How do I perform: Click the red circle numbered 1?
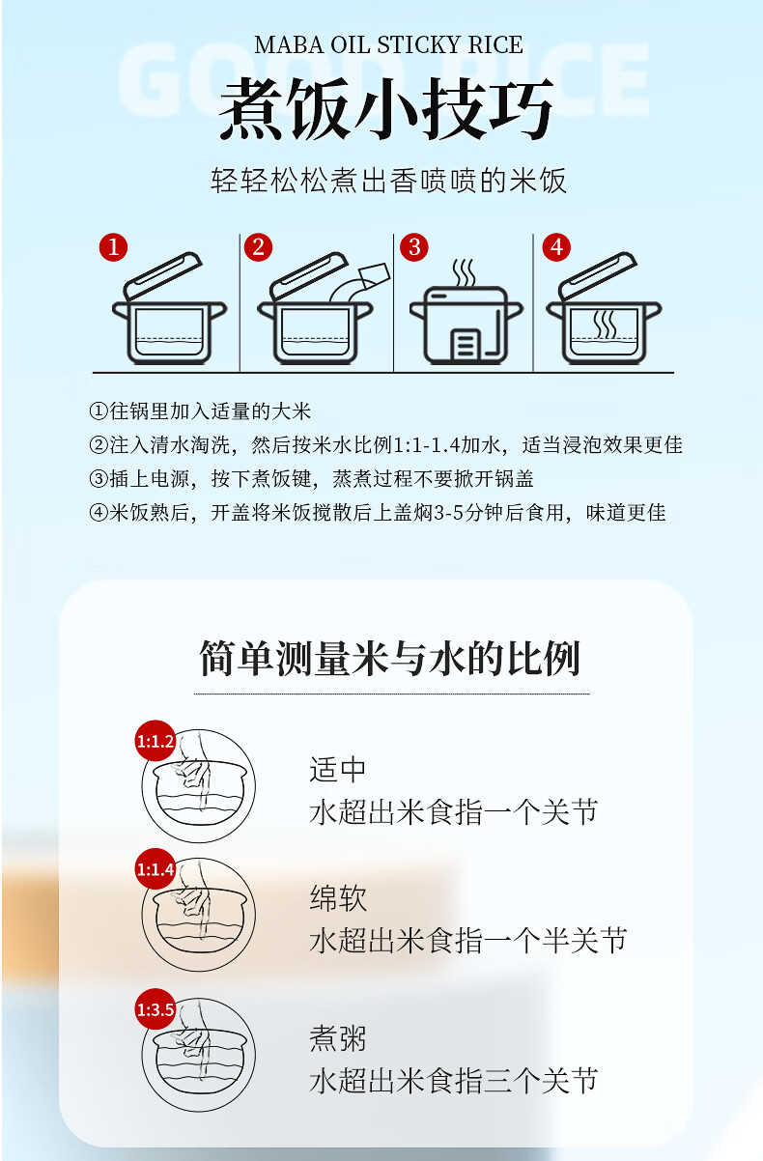(113, 247)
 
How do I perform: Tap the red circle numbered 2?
(257, 247)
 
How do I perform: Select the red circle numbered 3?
(413, 247)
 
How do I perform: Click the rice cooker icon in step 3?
(466, 316)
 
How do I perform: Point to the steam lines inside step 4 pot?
(605, 325)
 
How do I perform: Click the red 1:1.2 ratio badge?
(155, 742)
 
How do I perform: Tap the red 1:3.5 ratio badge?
(155, 1010)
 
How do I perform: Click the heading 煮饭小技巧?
(386, 109)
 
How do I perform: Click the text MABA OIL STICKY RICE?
(388, 45)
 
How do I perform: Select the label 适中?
(338, 770)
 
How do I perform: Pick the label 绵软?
(338, 898)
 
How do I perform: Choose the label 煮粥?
(338, 1038)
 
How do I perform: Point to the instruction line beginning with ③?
(311, 479)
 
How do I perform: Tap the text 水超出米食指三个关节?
(453, 1080)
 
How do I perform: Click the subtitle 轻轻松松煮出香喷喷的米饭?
(388, 181)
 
